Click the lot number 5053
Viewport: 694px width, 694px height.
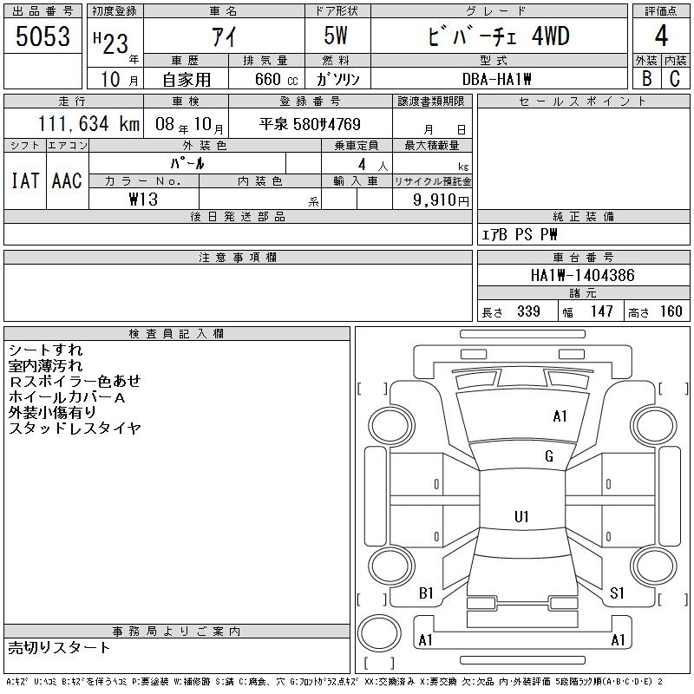point(43,36)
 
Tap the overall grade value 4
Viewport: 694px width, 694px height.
point(661,36)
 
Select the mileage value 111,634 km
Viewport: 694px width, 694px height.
point(88,123)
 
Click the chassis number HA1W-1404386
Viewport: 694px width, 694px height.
point(582,275)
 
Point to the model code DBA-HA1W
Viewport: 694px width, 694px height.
point(496,79)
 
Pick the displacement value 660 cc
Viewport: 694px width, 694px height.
point(276,79)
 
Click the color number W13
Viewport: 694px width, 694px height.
point(143,200)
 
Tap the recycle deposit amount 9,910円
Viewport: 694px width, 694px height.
point(441,200)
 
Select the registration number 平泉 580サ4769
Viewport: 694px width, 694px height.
point(310,124)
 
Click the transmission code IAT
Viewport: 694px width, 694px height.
point(25,180)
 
